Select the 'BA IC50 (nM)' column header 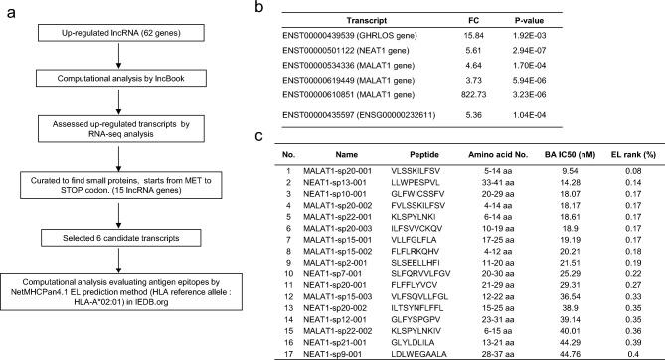(x=561, y=156)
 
